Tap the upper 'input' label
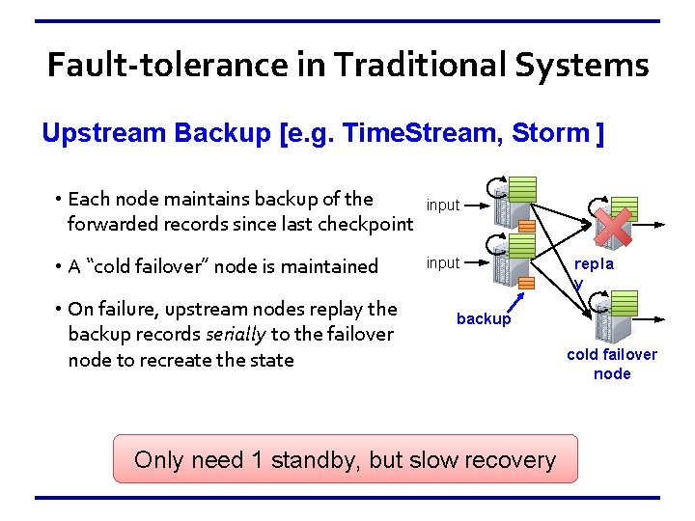coord(443,205)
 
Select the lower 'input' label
coord(443,262)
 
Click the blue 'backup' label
coord(484,319)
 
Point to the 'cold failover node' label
coord(612,364)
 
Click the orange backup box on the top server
coord(527,225)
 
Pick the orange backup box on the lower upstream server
coord(527,283)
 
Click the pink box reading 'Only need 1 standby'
coord(345,459)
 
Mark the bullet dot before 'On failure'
coord(59,309)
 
